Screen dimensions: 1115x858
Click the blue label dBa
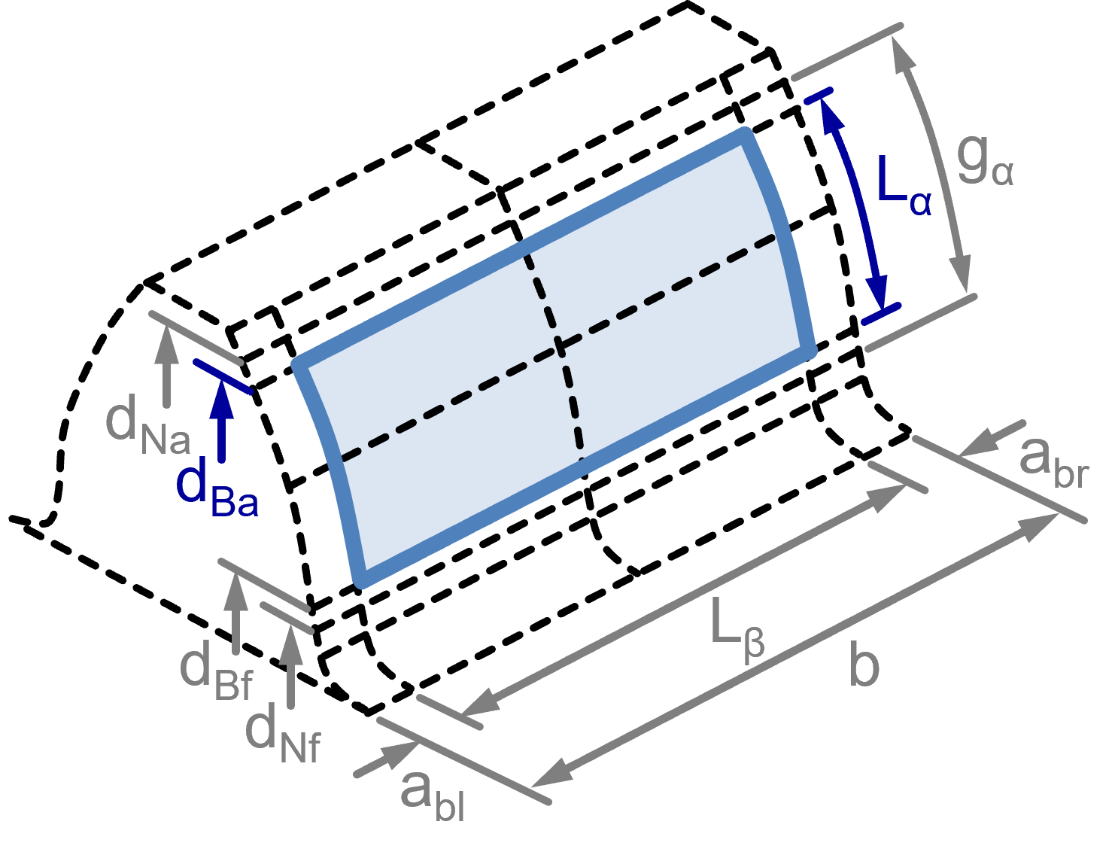pos(217,487)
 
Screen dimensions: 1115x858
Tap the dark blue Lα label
pos(904,186)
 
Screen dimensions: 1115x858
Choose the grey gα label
pos(985,163)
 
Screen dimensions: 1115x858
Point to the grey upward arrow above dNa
pos(167,365)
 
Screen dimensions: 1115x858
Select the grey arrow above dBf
pos(236,613)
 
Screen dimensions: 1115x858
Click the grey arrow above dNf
pos(291,666)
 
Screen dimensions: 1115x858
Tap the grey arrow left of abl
pos(387,759)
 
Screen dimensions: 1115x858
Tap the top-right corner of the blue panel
pos(745,135)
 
